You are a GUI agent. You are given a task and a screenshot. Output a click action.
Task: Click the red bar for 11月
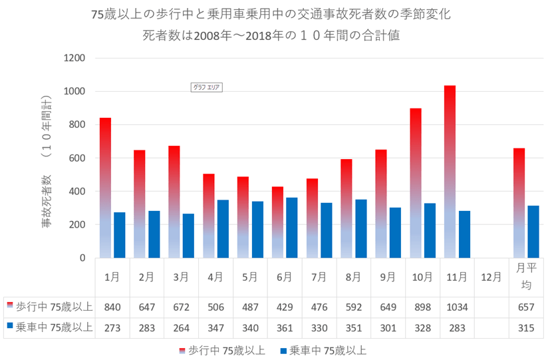pyautogui.click(x=450, y=172)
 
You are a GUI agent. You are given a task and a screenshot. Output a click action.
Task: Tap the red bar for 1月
pyautogui.click(x=105, y=188)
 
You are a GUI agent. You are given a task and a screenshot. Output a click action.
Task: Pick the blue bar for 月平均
pyautogui.click(x=533, y=232)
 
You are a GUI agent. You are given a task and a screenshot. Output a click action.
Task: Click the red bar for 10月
pyautogui.click(x=416, y=183)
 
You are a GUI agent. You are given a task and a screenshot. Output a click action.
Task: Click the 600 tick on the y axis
pyautogui.click(x=76, y=158)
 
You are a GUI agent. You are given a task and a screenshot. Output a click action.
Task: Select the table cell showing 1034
pyautogui.click(x=456, y=307)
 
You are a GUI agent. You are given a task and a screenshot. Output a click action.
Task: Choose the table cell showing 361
pyautogui.click(x=284, y=327)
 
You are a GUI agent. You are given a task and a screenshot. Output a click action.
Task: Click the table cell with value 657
pyautogui.click(x=525, y=307)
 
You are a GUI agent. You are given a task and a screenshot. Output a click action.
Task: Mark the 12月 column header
pyautogui.click(x=490, y=277)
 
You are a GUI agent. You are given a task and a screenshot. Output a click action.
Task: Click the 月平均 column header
pyautogui.click(x=525, y=277)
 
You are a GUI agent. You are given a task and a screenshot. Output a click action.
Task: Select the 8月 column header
pyautogui.click(x=353, y=277)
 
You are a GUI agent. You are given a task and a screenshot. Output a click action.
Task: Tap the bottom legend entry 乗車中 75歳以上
pyautogui.click(x=323, y=350)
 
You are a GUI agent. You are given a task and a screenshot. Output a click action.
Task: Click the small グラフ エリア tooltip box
pyautogui.click(x=206, y=87)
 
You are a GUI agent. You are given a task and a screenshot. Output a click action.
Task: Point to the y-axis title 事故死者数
pyautogui.click(x=47, y=200)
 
